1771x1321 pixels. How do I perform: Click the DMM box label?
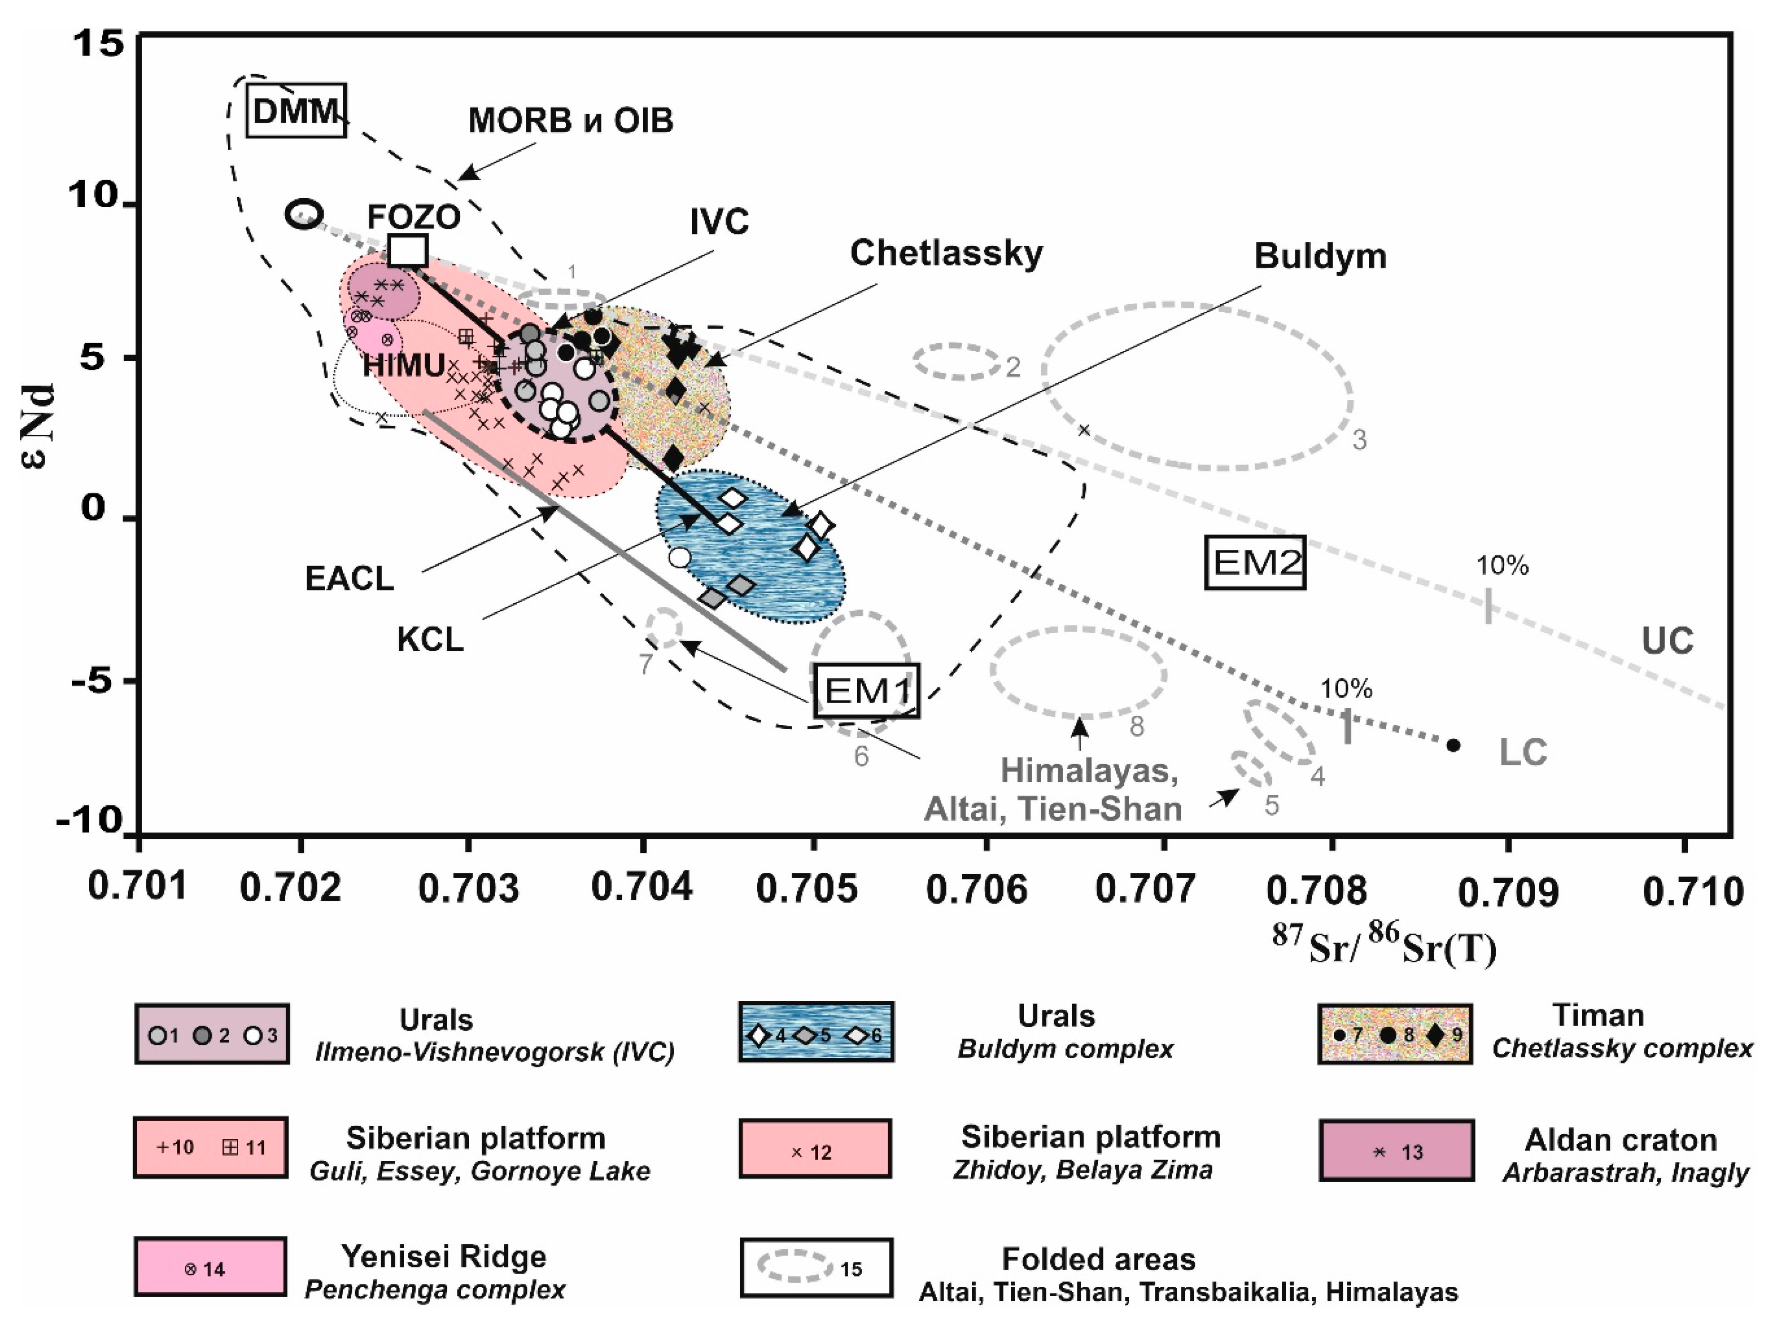tap(295, 110)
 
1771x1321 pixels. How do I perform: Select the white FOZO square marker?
tap(408, 251)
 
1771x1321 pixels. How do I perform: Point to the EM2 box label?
tap(1255, 562)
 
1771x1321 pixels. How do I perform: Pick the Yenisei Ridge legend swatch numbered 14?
tap(210, 1267)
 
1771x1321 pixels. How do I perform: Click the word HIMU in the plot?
tap(403, 366)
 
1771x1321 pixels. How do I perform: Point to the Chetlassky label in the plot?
tap(946, 253)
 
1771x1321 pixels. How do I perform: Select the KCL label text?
tap(430, 640)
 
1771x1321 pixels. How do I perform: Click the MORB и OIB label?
tap(571, 121)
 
